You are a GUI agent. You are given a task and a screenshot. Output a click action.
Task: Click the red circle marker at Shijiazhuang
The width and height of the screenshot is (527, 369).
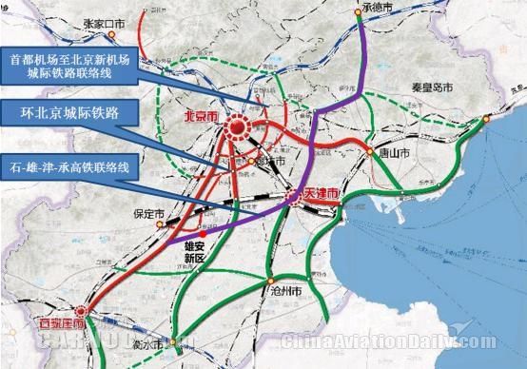[x=81, y=309]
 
